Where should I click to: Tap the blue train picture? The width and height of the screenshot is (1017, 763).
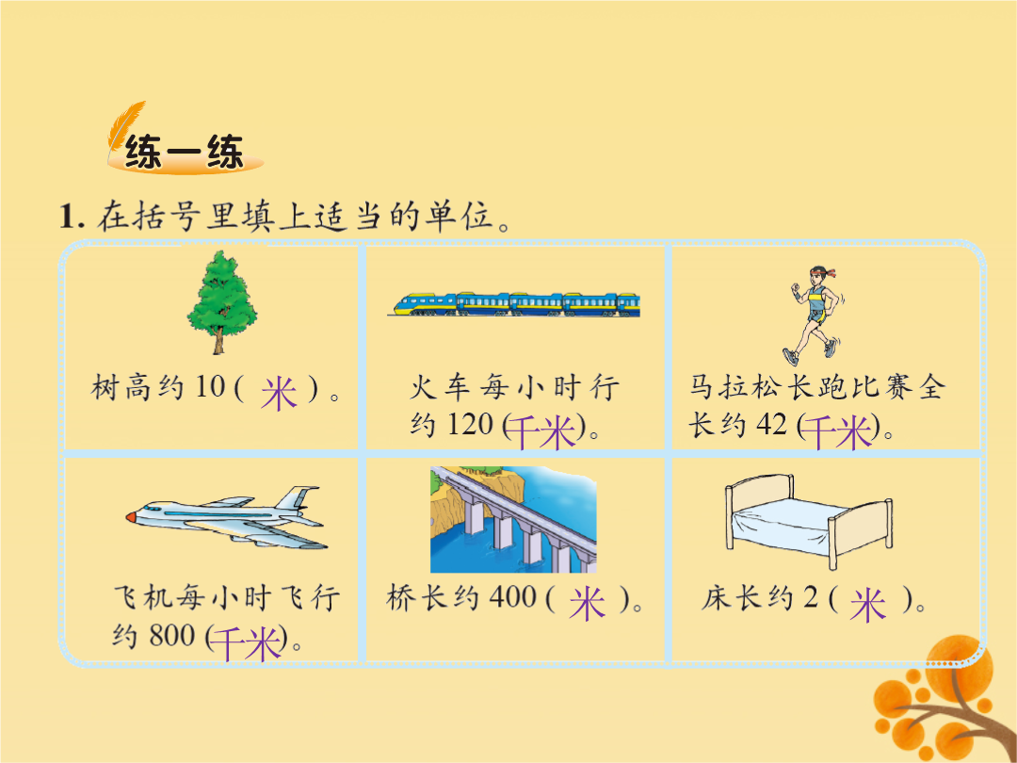point(514,304)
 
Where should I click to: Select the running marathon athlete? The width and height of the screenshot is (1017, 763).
point(814,316)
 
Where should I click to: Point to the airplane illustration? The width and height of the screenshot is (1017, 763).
point(226,517)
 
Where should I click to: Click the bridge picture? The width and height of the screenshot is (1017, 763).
point(513,519)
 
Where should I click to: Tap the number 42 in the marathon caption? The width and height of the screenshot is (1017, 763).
point(772,425)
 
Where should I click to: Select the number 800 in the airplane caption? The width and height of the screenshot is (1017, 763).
point(172,635)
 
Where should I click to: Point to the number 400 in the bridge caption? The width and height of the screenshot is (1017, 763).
point(512,597)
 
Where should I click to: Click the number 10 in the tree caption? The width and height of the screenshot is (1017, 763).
point(210,387)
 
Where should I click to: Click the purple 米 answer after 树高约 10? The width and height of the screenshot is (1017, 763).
point(279,393)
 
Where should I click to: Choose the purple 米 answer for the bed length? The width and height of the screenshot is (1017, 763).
point(868,605)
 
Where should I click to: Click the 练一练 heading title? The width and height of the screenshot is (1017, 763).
point(185,152)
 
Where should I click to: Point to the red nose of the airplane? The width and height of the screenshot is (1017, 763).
point(131,517)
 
